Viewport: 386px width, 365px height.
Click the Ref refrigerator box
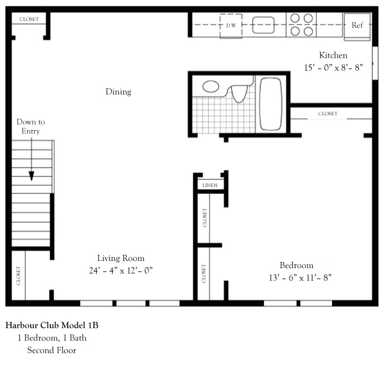coord(357,25)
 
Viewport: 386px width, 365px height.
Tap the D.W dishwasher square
coord(231,25)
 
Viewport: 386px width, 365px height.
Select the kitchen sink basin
coord(262,25)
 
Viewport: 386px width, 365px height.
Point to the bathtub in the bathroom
coord(271,104)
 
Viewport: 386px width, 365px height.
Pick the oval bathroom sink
coord(211,86)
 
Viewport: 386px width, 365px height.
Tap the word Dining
coord(119,92)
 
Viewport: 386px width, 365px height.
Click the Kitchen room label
coord(333,55)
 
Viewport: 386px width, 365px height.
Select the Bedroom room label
coord(296,266)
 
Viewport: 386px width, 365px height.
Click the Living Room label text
coord(121,258)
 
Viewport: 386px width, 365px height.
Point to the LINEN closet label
coord(210,185)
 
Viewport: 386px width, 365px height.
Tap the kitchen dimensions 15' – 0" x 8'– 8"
coord(333,68)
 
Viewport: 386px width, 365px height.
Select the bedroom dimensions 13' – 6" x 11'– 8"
coord(296,278)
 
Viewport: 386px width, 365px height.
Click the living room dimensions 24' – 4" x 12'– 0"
coord(121,270)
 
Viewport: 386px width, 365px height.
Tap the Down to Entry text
coord(31,127)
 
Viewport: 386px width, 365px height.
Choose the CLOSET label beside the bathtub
coord(327,114)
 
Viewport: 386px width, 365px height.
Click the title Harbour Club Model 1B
coord(52,326)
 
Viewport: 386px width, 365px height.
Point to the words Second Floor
coord(51,351)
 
